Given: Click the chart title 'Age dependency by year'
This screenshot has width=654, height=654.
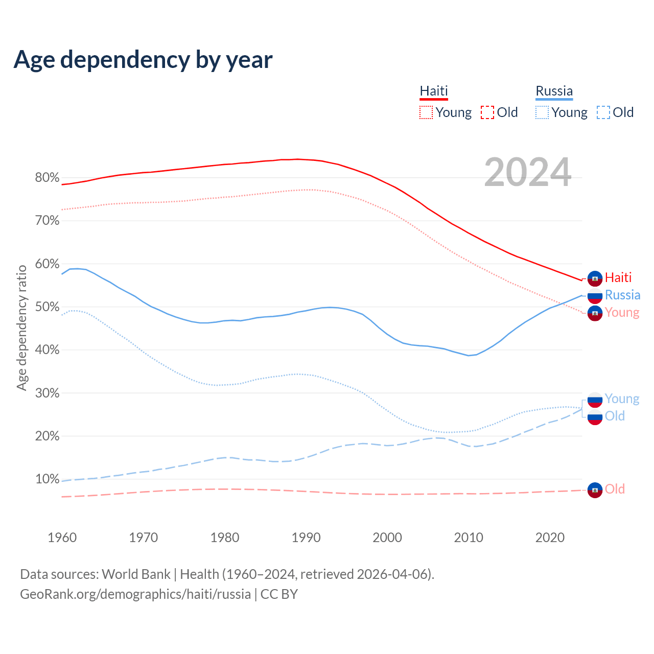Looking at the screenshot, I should [143, 60].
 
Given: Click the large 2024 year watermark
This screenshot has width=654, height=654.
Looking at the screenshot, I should [527, 172].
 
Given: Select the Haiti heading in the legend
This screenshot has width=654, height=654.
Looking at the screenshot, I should [434, 91].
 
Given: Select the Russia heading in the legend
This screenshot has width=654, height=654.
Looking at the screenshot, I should [554, 91].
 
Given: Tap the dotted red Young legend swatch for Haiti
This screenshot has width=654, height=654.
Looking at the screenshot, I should [426, 112].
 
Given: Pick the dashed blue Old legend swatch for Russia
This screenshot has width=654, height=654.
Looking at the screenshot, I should [603, 112].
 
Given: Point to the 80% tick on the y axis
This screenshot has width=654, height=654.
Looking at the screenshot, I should [47, 178].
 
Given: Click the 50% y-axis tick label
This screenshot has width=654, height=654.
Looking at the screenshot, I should [47, 307].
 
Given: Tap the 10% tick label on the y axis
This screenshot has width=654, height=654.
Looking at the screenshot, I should [47, 479].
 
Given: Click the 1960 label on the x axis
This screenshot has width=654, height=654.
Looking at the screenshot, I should [62, 538].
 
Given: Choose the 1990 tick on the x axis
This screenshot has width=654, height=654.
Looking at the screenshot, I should [306, 538].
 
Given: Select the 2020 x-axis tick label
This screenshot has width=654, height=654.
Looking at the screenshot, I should [550, 538].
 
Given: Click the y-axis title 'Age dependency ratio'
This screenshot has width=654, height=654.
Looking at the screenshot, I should [21, 328].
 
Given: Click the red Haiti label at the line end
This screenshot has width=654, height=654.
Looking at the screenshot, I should [618, 277].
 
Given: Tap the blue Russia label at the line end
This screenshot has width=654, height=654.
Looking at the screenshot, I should [622, 295].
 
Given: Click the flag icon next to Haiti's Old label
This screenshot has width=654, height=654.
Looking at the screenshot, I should [595, 490].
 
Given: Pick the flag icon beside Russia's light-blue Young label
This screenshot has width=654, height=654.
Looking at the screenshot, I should [595, 400].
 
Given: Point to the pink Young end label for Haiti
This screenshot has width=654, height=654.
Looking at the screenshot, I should [622, 312].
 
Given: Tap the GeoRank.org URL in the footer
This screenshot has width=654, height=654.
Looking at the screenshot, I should [135, 594].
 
